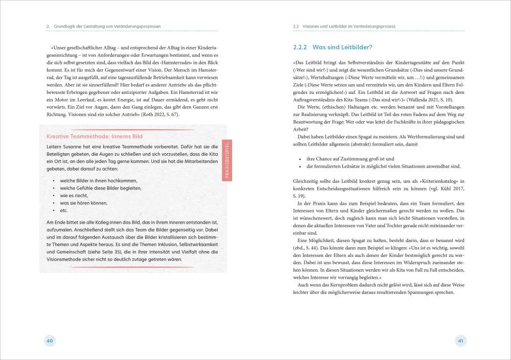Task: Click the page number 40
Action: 50,341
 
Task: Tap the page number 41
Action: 460,341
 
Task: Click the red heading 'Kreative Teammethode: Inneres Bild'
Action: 94,136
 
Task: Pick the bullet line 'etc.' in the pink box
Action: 64,210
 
